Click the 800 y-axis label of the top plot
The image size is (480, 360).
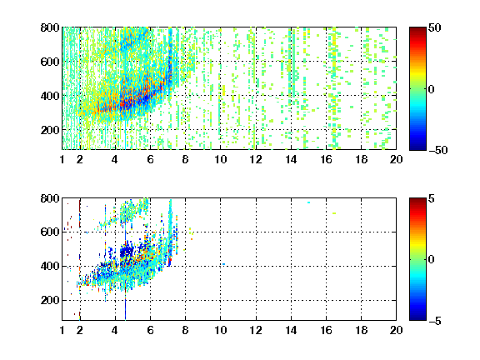click(50, 27)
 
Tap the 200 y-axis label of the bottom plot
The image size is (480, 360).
click(50, 300)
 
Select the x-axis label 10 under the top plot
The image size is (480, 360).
click(220, 159)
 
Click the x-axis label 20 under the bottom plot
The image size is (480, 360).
click(396, 330)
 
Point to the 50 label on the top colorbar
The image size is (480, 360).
click(434, 27)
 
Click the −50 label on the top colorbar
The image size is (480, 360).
click(438, 150)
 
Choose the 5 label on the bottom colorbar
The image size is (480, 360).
click(432, 198)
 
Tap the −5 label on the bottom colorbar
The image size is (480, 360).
click(435, 321)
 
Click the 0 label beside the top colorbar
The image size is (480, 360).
click(432, 89)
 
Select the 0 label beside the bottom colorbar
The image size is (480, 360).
click(432, 260)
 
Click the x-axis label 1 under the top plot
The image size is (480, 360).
click(62, 159)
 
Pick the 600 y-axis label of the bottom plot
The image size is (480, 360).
click(50, 232)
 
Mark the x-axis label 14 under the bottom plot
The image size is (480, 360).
click(291, 330)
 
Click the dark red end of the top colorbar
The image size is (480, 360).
click(417, 29)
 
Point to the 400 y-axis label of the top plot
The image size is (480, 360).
click(50, 96)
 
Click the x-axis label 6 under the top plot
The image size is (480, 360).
click(150, 159)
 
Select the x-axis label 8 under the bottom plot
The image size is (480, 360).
click(185, 330)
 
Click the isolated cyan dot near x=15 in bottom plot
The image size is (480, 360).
click(309, 202)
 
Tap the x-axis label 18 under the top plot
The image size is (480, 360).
click(361, 159)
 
